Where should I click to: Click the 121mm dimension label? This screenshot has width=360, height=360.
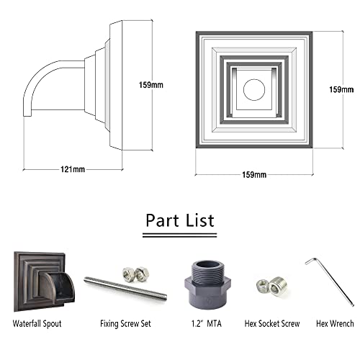tap(73, 169)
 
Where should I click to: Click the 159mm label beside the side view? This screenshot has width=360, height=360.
tap(151, 85)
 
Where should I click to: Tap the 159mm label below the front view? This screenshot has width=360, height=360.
tap(254, 175)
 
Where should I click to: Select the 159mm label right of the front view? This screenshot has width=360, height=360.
tap(341, 89)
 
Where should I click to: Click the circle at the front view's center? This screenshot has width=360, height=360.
tap(254, 89)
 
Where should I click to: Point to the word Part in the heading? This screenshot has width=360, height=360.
tap(162, 220)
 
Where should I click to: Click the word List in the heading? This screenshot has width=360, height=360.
tap(200, 220)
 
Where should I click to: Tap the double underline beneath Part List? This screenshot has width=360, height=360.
tap(180, 235)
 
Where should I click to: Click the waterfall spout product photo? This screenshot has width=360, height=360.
tap(44, 282)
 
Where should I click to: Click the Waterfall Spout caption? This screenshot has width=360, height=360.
tap(37, 323)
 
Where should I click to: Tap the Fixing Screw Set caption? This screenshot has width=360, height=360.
tap(125, 323)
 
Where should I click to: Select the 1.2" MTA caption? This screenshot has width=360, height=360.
tap(207, 323)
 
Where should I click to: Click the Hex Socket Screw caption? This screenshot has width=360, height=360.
tap(272, 323)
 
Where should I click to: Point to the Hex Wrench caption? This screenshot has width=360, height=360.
tap(335, 323)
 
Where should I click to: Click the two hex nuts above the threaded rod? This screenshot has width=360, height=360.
tap(135, 274)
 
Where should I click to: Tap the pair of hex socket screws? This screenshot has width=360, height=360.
tap(271, 286)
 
